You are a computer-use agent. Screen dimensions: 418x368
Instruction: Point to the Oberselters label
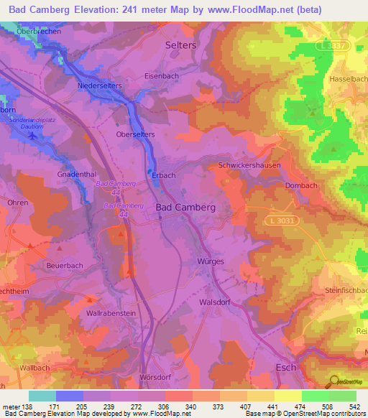pyautogui.click(x=135, y=134)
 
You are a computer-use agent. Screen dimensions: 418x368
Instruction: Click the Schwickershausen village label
pyautogui.click(x=249, y=165)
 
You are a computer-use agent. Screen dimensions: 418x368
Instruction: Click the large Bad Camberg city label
pyautogui.click(x=185, y=207)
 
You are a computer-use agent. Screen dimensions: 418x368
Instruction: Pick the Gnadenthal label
pyautogui.click(x=77, y=175)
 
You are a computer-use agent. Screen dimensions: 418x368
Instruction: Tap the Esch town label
pyautogui.click(x=287, y=367)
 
